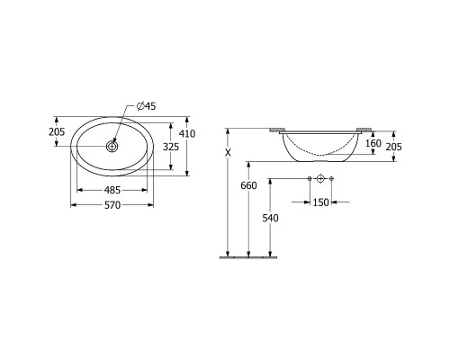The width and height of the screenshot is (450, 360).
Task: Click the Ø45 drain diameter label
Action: point(146,106)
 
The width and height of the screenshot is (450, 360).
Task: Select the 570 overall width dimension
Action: point(112,205)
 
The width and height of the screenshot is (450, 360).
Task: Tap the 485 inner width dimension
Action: point(112,190)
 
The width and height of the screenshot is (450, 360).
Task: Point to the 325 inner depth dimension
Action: point(171,147)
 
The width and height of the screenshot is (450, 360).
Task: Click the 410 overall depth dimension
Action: point(187,133)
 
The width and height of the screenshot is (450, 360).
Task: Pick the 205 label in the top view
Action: point(57,131)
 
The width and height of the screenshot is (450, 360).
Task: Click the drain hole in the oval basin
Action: point(112,147)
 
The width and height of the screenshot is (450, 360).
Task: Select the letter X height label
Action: point(229,153)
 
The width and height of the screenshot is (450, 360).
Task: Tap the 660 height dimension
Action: point(248,185)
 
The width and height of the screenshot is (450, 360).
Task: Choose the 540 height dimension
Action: point(270,218)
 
